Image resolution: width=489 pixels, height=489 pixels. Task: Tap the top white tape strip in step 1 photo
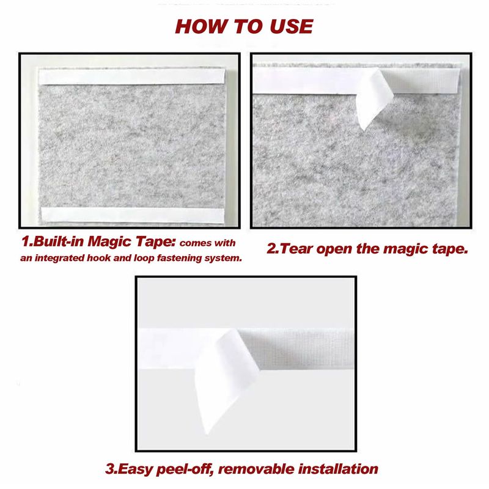(131, 77)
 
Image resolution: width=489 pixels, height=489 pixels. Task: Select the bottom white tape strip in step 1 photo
(133, 215)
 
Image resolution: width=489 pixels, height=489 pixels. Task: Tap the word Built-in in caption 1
(58, 241)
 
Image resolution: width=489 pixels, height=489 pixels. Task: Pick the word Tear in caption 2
(296, 249)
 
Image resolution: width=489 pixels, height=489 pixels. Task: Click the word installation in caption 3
(338, 469)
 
